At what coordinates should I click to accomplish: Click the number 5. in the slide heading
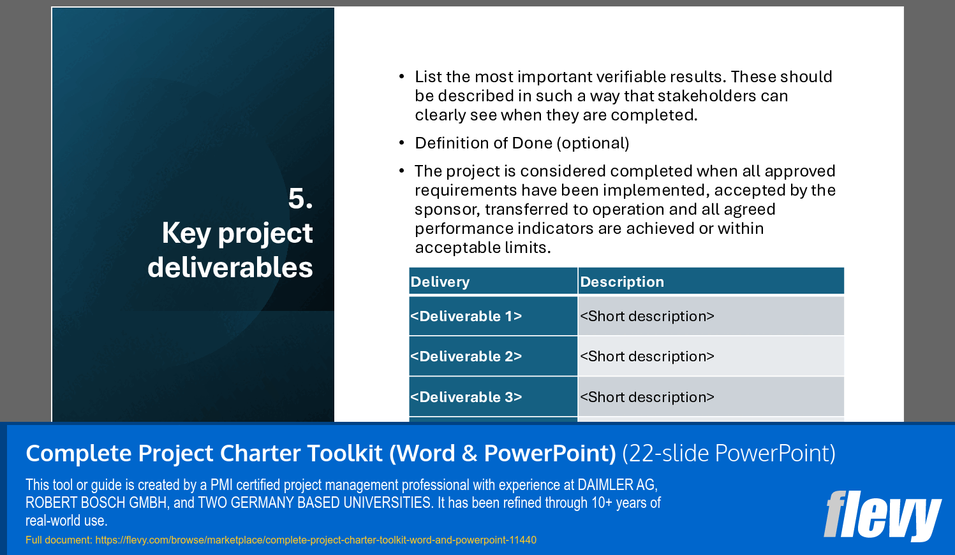(300, 199)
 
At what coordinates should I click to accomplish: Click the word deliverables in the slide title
(230, 268)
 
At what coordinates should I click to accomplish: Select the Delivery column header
(440, 282)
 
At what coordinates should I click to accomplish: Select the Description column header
(622, 282)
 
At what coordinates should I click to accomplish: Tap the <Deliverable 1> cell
(466, 316)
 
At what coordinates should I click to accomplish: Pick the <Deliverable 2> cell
(466, 356)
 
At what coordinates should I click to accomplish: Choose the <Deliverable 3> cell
(466, 397)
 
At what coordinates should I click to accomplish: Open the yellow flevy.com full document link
(315, 540)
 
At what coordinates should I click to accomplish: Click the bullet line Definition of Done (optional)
(522, 143)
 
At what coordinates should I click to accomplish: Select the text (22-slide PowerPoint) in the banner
(729, 453)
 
